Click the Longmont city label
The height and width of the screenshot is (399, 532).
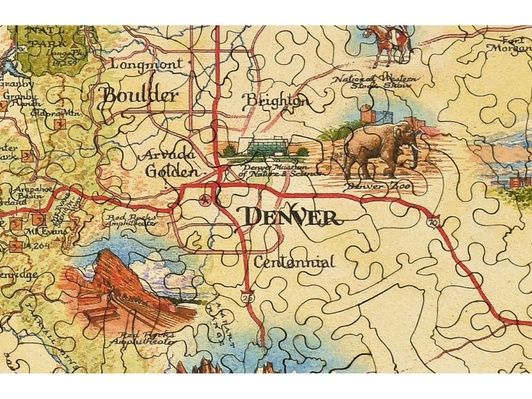tap(146, 64)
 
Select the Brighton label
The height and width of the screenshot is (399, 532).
tap(276, 101)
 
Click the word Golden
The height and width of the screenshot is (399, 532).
tap(172, 172)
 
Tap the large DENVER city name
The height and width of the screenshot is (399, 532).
tap(291, 217)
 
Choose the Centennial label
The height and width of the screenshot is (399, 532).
tap(294, 262)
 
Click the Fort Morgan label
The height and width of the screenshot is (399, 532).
tap(511, 44)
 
